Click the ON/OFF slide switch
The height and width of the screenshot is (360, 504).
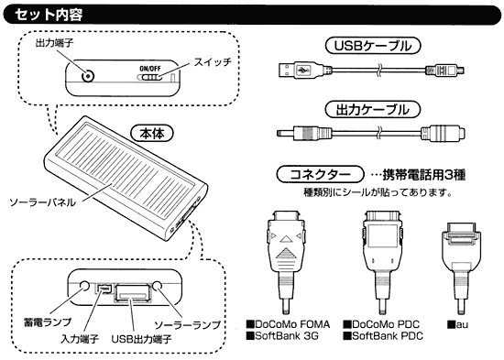click(x=149, y=77)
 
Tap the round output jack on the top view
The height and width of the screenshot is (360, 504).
click(x=87, y=77)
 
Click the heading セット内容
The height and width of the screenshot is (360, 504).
click(x=49, y=15)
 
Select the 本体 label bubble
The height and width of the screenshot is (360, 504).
click(x=152, y=134)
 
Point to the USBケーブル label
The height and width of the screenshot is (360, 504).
click(x=373, y=46)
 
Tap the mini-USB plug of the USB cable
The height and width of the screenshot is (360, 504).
click(x=444, y=70)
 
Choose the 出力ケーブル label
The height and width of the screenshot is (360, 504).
click(x=373, y=110)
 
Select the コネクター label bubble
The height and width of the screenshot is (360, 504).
click(x=320, y=175)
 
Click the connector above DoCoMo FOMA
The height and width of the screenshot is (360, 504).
click(x=286, y=262)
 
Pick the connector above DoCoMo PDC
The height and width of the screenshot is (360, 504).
click(x=383, y=262)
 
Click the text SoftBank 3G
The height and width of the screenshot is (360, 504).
click(x=283, y=336)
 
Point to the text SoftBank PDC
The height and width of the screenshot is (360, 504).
click(x=383, y=336)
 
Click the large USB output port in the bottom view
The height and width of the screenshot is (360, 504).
click(x=132, y=292)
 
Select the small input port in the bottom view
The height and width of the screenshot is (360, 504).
click(x=104, y=289)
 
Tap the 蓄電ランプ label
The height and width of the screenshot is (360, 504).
click(x=48, y=322)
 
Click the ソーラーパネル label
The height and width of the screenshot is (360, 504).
click(x=42, y=202)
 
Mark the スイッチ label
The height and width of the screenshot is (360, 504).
click(x=213, y=61)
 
